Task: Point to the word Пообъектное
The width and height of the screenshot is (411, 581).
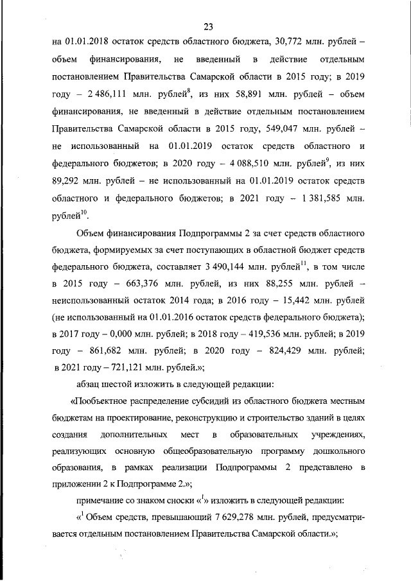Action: (105, 401)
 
